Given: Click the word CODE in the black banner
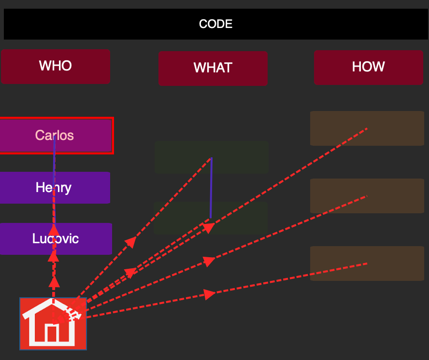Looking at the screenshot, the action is [215, 24].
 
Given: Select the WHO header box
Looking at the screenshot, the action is [56, 67].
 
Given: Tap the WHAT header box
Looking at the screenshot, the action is [213, 69].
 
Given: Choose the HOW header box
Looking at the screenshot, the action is [369, 67].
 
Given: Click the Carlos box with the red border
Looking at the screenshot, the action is [56, 136].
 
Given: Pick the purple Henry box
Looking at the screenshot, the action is [55, 188].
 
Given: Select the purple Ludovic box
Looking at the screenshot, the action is [56, 239].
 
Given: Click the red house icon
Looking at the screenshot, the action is [53, 324].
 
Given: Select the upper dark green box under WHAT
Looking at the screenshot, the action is [212, 157].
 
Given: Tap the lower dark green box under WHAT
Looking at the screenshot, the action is [211, 218].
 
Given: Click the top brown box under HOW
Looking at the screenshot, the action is [367, 128].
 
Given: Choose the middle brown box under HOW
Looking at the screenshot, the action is [367, 196].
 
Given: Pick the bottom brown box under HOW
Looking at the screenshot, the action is [367, 263].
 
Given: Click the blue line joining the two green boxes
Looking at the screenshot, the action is [211, 188].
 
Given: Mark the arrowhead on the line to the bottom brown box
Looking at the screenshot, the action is [210, 294].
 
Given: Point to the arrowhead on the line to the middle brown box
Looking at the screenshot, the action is [210, 261].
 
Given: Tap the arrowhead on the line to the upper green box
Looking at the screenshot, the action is [131, 242].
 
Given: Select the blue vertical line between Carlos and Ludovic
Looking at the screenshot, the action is [55, 180].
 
